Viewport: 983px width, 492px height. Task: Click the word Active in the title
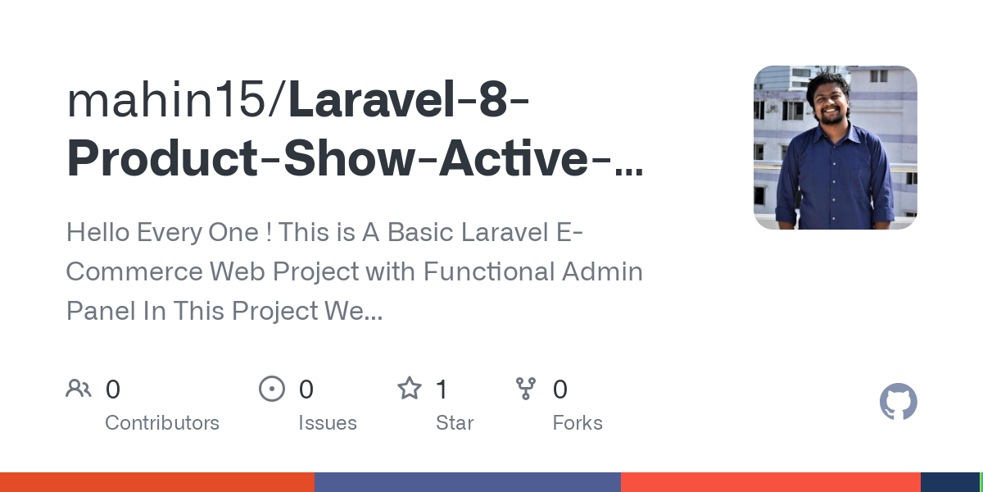514,161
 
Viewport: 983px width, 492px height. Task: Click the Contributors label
162,423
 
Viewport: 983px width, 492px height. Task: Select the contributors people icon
79,389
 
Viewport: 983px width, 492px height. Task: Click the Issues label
328,423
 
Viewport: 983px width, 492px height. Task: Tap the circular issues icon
272,389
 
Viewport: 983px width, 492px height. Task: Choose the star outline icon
410,389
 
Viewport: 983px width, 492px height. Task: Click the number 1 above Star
442,389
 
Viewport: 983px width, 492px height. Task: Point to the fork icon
526,389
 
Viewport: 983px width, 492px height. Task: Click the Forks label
578,423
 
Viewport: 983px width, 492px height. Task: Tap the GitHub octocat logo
898,402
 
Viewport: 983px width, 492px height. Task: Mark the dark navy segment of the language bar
949,482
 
